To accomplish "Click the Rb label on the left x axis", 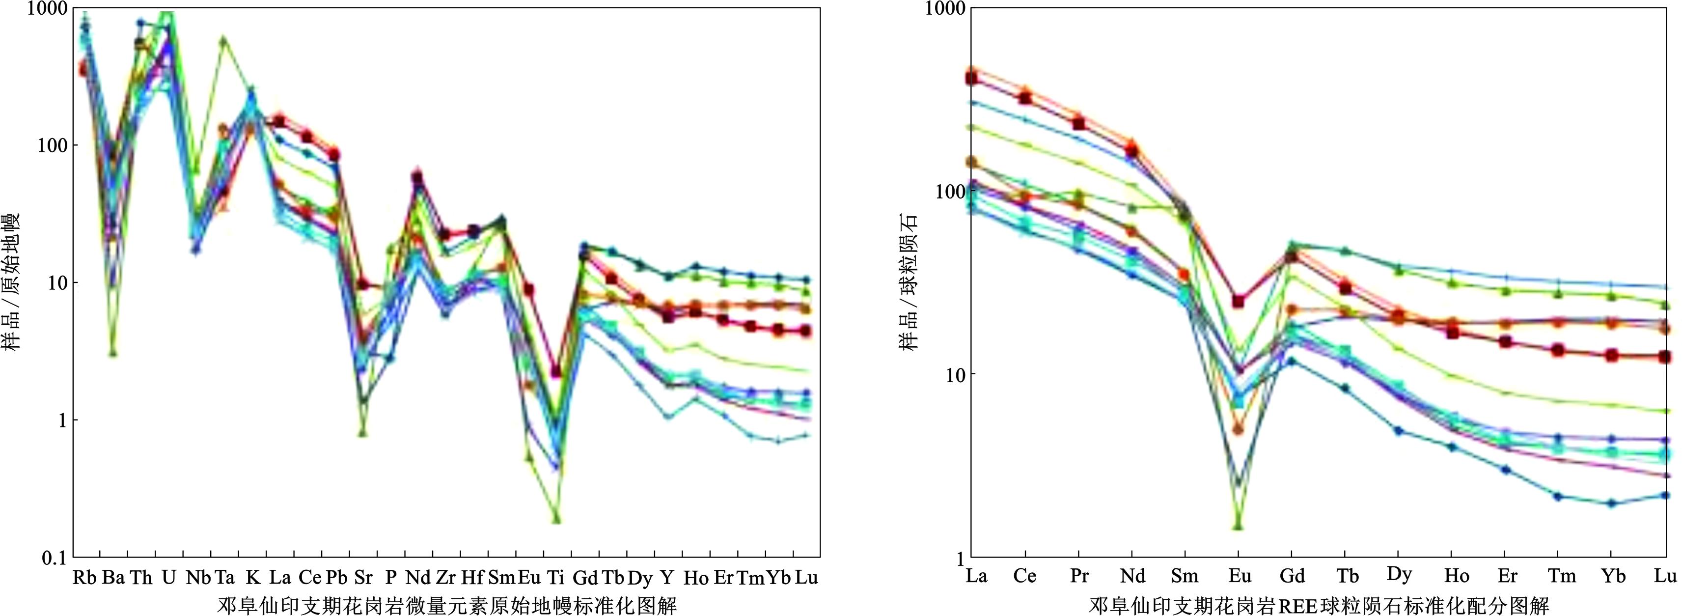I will [84, 578].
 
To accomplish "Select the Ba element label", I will [113, 578].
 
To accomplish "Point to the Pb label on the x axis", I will [336, 578].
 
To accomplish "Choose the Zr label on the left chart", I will [445, 578].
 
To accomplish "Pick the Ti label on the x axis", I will [555, 578].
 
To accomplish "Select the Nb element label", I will [198, 578].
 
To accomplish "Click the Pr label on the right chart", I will [1079, 576].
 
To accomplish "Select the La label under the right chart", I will [976, 576].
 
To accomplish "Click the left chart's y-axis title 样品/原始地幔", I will [14, 281].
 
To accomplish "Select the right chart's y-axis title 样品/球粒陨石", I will [910, 281].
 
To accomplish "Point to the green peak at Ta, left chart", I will [223, 40].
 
